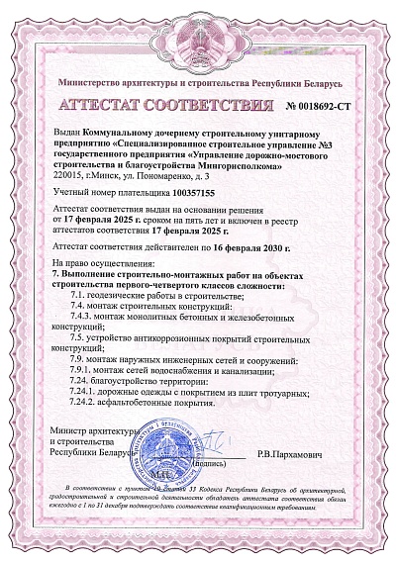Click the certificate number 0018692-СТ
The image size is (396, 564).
pyautogui.click(x=333, y=104)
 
